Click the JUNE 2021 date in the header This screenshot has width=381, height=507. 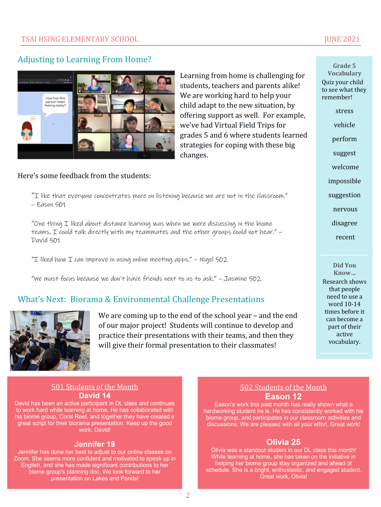coord(342,39)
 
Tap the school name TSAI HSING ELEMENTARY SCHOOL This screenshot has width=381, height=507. coord(80,39)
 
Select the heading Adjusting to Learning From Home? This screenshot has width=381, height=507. coord(84,60)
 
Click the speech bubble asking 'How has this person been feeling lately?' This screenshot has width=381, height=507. coord(55,103)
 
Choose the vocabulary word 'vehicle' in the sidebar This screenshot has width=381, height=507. coord(344,125)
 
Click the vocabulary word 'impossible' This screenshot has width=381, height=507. coord(344,181)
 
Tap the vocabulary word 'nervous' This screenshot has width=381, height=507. coord(345,209)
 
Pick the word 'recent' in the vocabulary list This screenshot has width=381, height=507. coord(345,237)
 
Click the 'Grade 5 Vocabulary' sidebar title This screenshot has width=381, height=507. coord(344,69)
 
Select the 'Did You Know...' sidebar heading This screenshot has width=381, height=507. coord(344,269)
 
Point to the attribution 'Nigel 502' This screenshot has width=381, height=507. coord(213,260)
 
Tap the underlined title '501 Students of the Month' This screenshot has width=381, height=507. coord(95,387)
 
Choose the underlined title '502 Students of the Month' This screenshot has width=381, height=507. coord(283,387)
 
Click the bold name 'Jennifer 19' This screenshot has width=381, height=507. coord(95,444)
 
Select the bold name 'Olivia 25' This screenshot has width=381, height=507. coord(283,442)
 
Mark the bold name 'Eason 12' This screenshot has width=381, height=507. coord(283,397)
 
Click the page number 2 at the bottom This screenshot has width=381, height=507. coord(188,495)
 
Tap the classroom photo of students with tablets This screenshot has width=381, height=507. coord(50,341)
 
